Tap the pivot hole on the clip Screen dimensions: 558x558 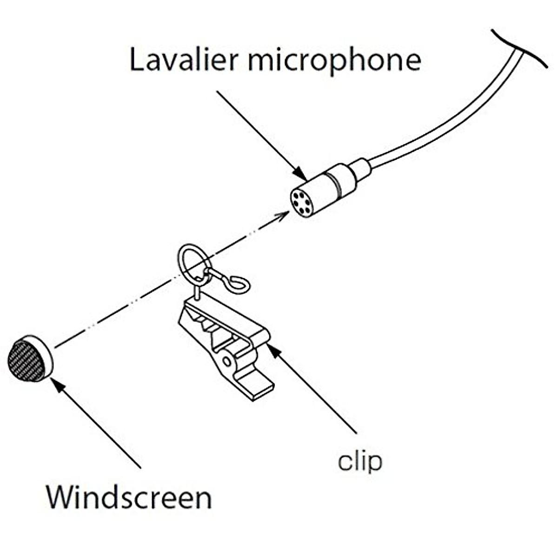pyautogui.click(x=227, y=361)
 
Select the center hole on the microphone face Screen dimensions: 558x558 pyautogui.click(x=301, y=202)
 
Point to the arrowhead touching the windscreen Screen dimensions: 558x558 pyautogui.click(x=57, y=384)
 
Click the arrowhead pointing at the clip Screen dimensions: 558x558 pyautogui.click(x=273, y=348)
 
